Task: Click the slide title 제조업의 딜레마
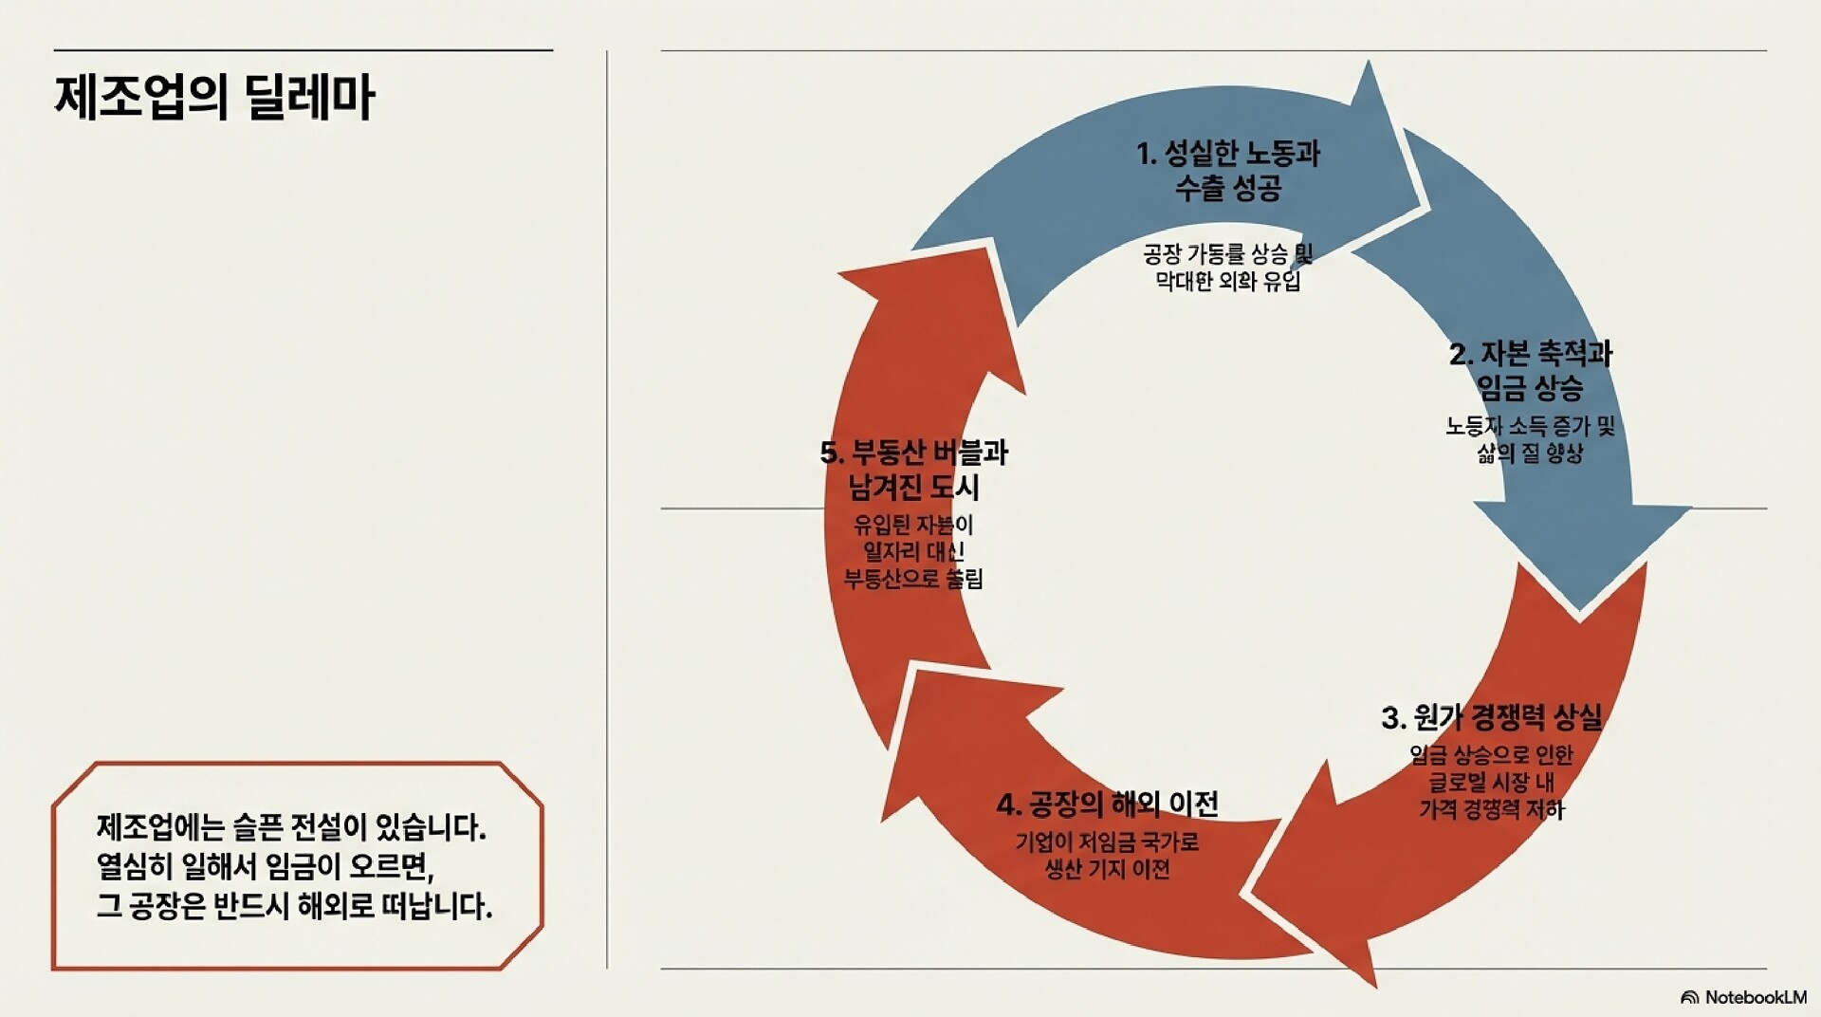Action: [x=215, y=98]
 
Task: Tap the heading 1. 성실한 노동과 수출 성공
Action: [x=1228, y=171]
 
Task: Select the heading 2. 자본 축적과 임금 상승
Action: [x=1530, y=371]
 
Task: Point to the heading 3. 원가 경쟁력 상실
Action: [x=1491, y=717]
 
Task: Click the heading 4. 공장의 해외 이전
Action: [x=1107, y=804]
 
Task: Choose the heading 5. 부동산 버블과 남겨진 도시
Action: [x=914, y=470]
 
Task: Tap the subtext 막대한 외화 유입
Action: [x=1228, y=282]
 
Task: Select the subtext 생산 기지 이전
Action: [x=1107, y=869]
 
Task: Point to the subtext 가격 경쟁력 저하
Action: [x=1491, y=809]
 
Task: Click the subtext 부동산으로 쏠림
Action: [x=913, y=579]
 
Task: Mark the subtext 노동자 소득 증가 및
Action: [x=1530, y=426]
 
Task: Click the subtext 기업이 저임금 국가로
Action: [x=1107, y=841]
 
